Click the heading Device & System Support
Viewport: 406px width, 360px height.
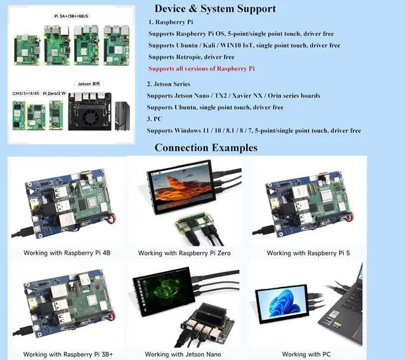pos(215,9)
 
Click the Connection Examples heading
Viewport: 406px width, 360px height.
pos(206,147)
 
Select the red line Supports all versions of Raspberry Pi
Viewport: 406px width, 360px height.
pos(201,68)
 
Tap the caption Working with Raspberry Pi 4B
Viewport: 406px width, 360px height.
pos(67,253)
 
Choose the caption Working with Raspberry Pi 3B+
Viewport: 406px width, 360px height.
pos(68,354)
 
